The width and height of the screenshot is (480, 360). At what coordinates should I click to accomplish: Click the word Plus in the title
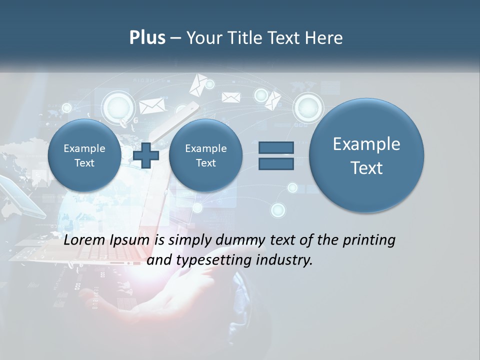click(147, 38)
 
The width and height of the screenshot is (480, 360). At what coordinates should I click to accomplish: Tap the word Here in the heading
click(323, 38)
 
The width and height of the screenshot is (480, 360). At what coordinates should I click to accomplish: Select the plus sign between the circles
click(146, 155)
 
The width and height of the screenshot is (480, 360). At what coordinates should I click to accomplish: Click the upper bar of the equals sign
click(275, 147)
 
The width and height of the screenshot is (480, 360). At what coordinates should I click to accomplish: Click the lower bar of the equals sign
click(275, 164)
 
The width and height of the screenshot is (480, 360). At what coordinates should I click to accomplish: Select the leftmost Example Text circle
click(84, 155)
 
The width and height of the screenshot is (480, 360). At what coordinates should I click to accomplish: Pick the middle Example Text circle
click(205, 155)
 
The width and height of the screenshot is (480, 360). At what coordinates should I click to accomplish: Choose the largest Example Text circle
click(366, 155)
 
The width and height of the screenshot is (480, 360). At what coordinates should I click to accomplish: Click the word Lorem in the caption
click(84, 240)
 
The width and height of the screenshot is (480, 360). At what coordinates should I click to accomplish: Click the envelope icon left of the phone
click(151, 105)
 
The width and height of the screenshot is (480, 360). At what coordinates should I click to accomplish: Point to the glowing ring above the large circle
click(308, 106)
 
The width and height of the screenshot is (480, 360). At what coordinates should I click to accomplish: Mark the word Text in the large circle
click(366, 168)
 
